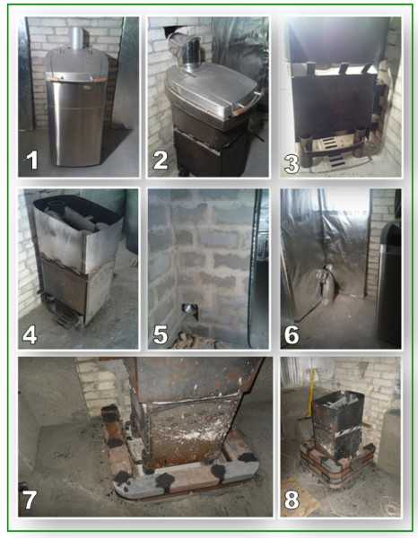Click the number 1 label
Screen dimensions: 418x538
(x=32, y=161)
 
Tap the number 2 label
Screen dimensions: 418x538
(x=161, y=161)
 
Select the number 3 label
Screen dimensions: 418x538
(x=292, y=164)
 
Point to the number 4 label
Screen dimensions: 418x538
(x=30, y=334)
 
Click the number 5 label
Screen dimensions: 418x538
(x=161, y=334)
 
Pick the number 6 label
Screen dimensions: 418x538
(x=292, y=334)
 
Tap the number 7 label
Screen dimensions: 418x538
(x=29, y=499)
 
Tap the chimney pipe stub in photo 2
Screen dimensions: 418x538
(x=191, y=55)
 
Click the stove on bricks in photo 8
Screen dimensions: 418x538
(x=338, y=424)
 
